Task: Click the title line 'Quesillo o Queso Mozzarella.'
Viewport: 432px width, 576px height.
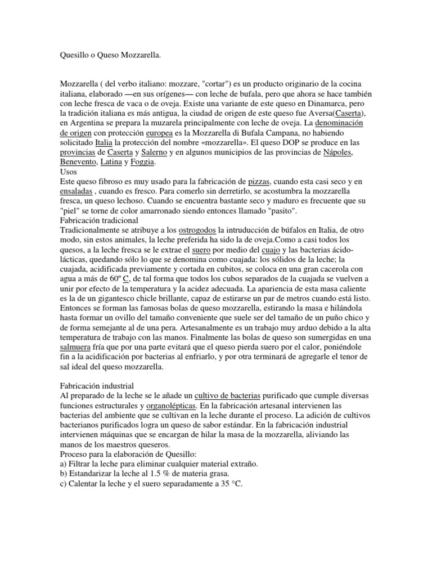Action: tap(110, 55)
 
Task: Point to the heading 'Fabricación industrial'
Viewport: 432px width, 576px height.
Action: tap(96, 386)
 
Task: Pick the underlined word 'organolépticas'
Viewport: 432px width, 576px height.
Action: tap(170, 406)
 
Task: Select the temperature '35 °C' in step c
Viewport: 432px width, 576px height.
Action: tap(228, 483)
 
